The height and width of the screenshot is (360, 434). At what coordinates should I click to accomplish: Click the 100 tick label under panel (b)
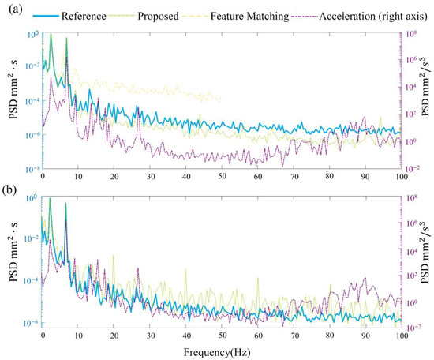[400, 336]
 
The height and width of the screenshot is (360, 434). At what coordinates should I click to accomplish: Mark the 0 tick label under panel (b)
[43, 336]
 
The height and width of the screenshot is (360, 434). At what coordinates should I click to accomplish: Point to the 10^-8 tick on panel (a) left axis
[31, 169]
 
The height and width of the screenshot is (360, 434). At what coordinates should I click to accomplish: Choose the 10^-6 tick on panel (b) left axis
[31, 323]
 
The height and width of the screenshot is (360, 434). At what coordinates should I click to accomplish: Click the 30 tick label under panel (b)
[150, 336]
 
